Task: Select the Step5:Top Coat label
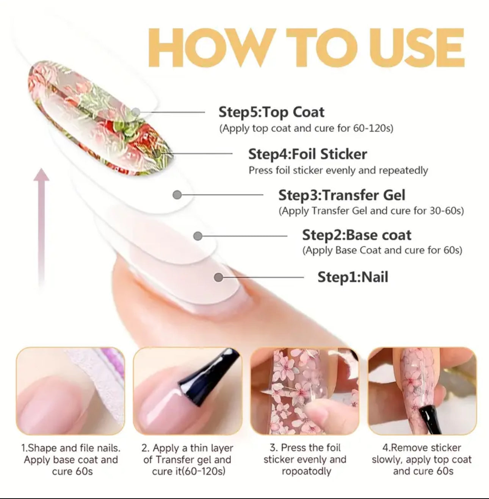pyautogui.click(x=271, y=112)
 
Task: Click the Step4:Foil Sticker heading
pyautogui.click(x=308, y=154)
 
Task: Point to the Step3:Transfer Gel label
pyautogui.click(x=342, y=195)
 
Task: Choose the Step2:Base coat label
pyautogui.click(x=357, y=235)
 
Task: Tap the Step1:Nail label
pyautogui.click(x=353, y=277)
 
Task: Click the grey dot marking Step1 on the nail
pyautogui.click(x=219, y=277)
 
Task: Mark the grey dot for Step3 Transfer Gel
pyautogui.click(x=177, y=195)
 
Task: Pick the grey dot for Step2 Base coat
pyautogui.click(x=198, y=236)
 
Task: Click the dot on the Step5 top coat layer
pyautogui.click(x=136, y=112)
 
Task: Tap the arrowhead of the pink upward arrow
pyautogui.click(x=41, y=175)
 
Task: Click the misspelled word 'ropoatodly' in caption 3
pyautogui.click(x=306, y=471)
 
